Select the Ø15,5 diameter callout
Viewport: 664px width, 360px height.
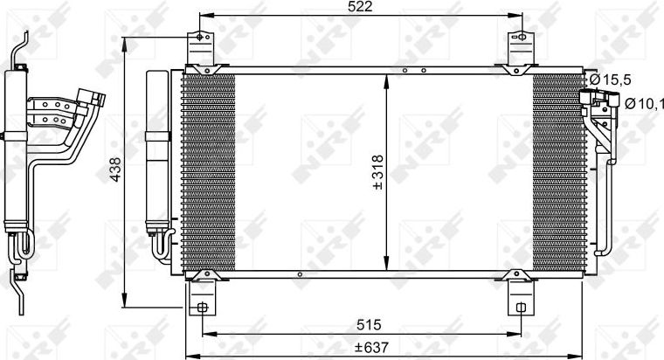[x=608, y=80]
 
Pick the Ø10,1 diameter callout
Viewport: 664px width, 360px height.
[x=644, y=104]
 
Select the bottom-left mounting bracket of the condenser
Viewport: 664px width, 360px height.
[x=202, y=294]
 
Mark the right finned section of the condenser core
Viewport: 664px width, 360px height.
[x=558, y=172]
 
